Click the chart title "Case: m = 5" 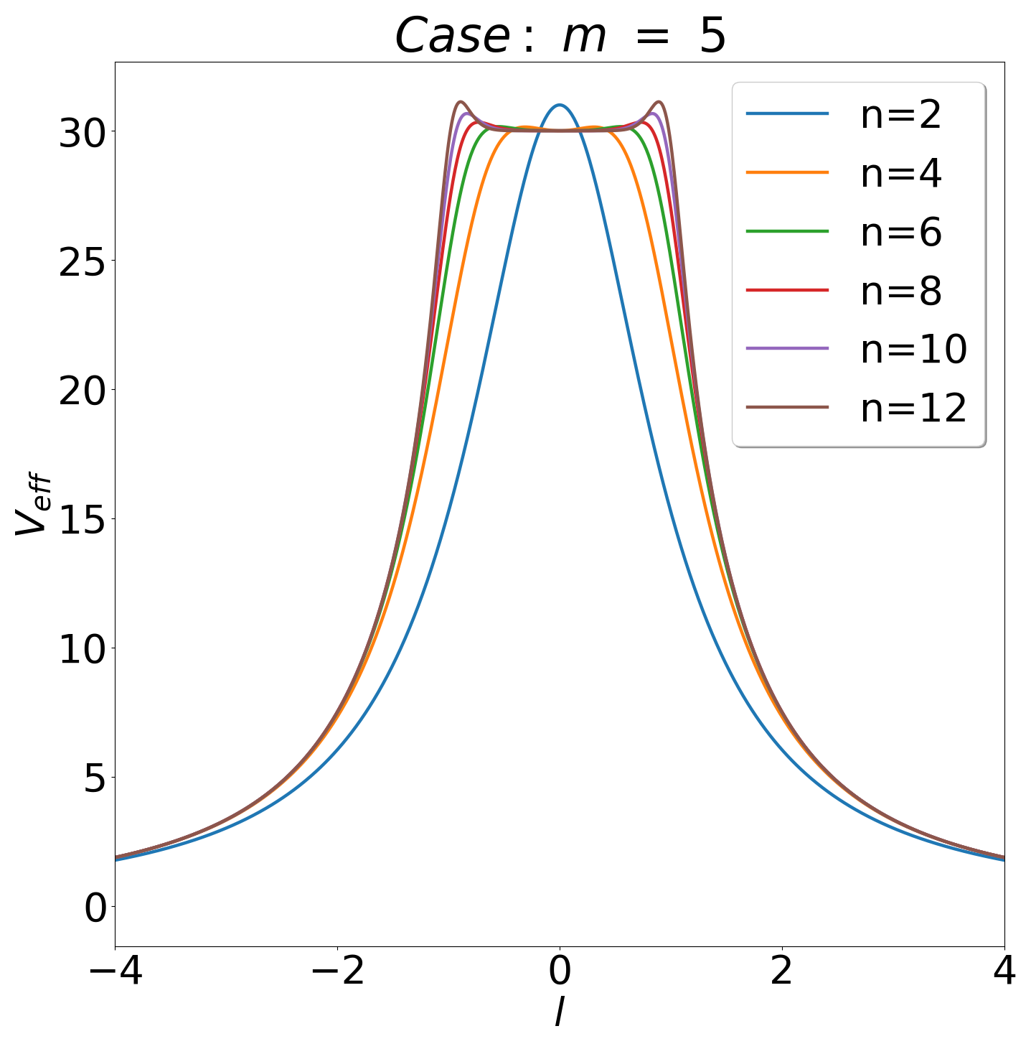tap(560, 36)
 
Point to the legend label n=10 tap(913, 350)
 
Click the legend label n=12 tap(913, 408)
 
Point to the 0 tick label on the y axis tap(95, 908)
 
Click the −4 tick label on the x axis tap(115, 972)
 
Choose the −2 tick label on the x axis tap(337, 972)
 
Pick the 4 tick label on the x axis tap(1004, 972)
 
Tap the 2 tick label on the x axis tap(781, 972)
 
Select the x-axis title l tap(559, 1013)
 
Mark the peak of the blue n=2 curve tap(560, 105)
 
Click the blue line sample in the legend tap(787, 114)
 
